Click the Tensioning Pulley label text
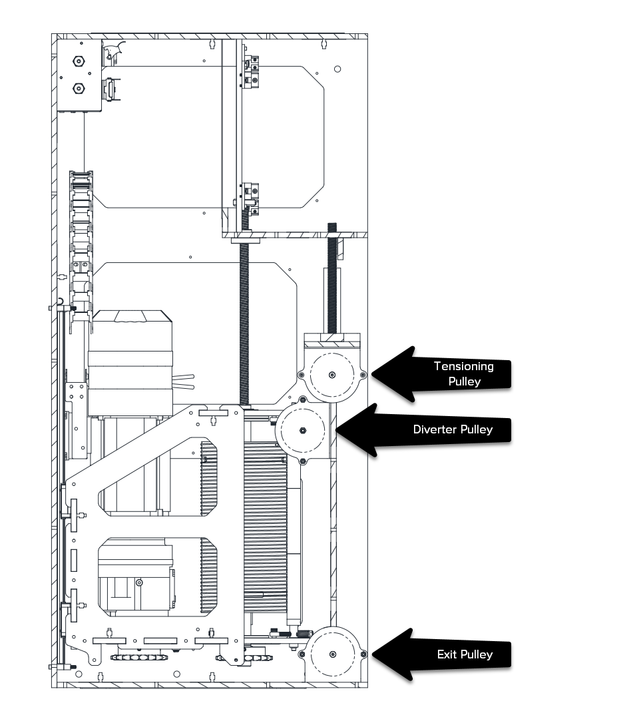464,373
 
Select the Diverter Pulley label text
453,429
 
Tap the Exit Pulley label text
465,654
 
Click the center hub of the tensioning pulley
332,375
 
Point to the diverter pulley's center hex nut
303,431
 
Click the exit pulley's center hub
333,654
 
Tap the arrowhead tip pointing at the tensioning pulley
372,375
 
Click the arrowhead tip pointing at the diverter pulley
336,430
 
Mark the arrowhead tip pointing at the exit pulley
372,654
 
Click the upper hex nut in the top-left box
79,61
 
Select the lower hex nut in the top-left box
79,89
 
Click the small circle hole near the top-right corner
337,69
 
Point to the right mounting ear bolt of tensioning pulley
363,375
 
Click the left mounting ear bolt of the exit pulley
301,654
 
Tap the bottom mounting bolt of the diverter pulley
303,461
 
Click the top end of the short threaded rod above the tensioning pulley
332,224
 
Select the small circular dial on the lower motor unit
139,583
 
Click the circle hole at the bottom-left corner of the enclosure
79,674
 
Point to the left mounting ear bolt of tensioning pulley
301,375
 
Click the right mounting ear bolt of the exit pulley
364,654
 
